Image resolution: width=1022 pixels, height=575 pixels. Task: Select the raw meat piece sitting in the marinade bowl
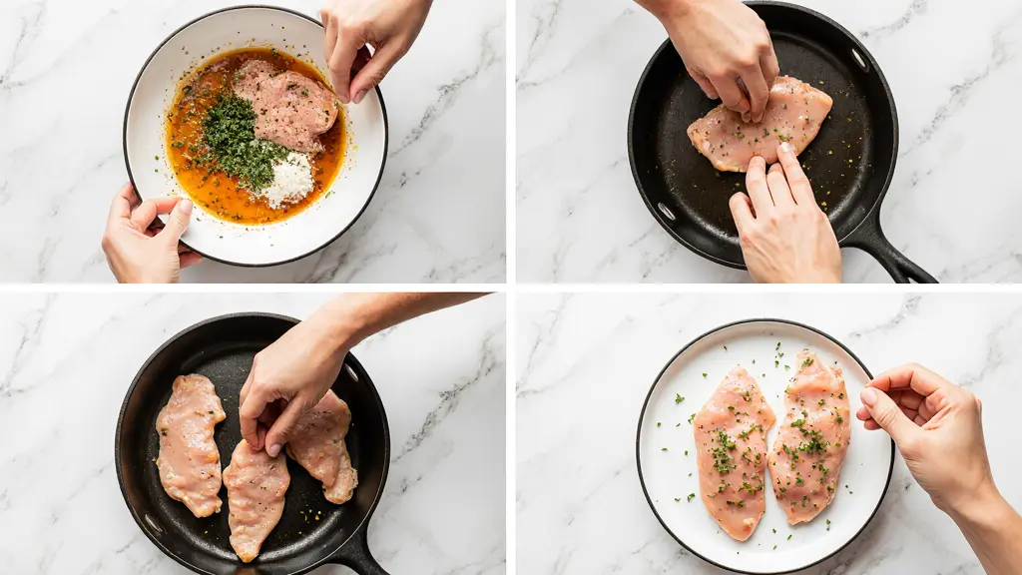286,104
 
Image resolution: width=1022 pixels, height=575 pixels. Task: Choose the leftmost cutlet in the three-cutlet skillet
190,443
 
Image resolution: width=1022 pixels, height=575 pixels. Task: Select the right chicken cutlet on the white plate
810,436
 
